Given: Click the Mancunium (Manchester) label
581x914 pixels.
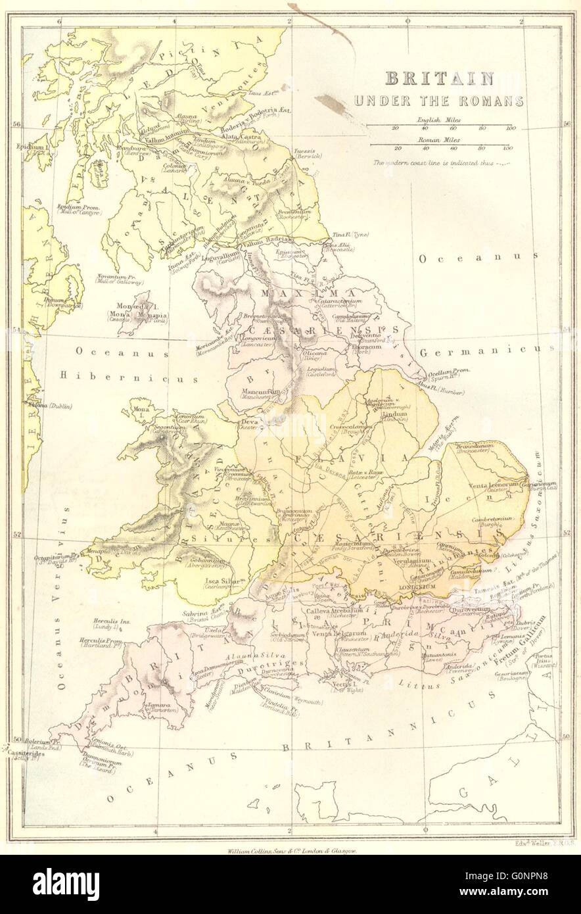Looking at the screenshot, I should pos(254,390).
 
